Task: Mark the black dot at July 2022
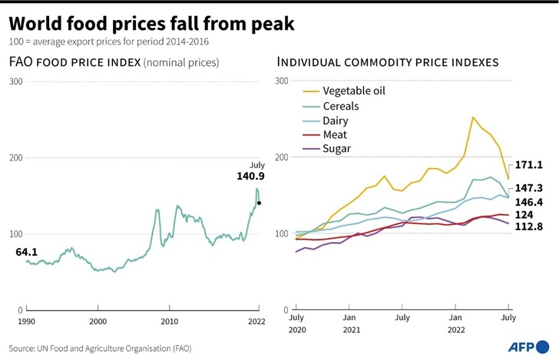pos(260,203)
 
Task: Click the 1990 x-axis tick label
pos(26,320)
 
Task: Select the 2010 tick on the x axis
pos(169,320)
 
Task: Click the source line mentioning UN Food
pos(100,348)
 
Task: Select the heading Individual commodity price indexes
pos(388,62)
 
